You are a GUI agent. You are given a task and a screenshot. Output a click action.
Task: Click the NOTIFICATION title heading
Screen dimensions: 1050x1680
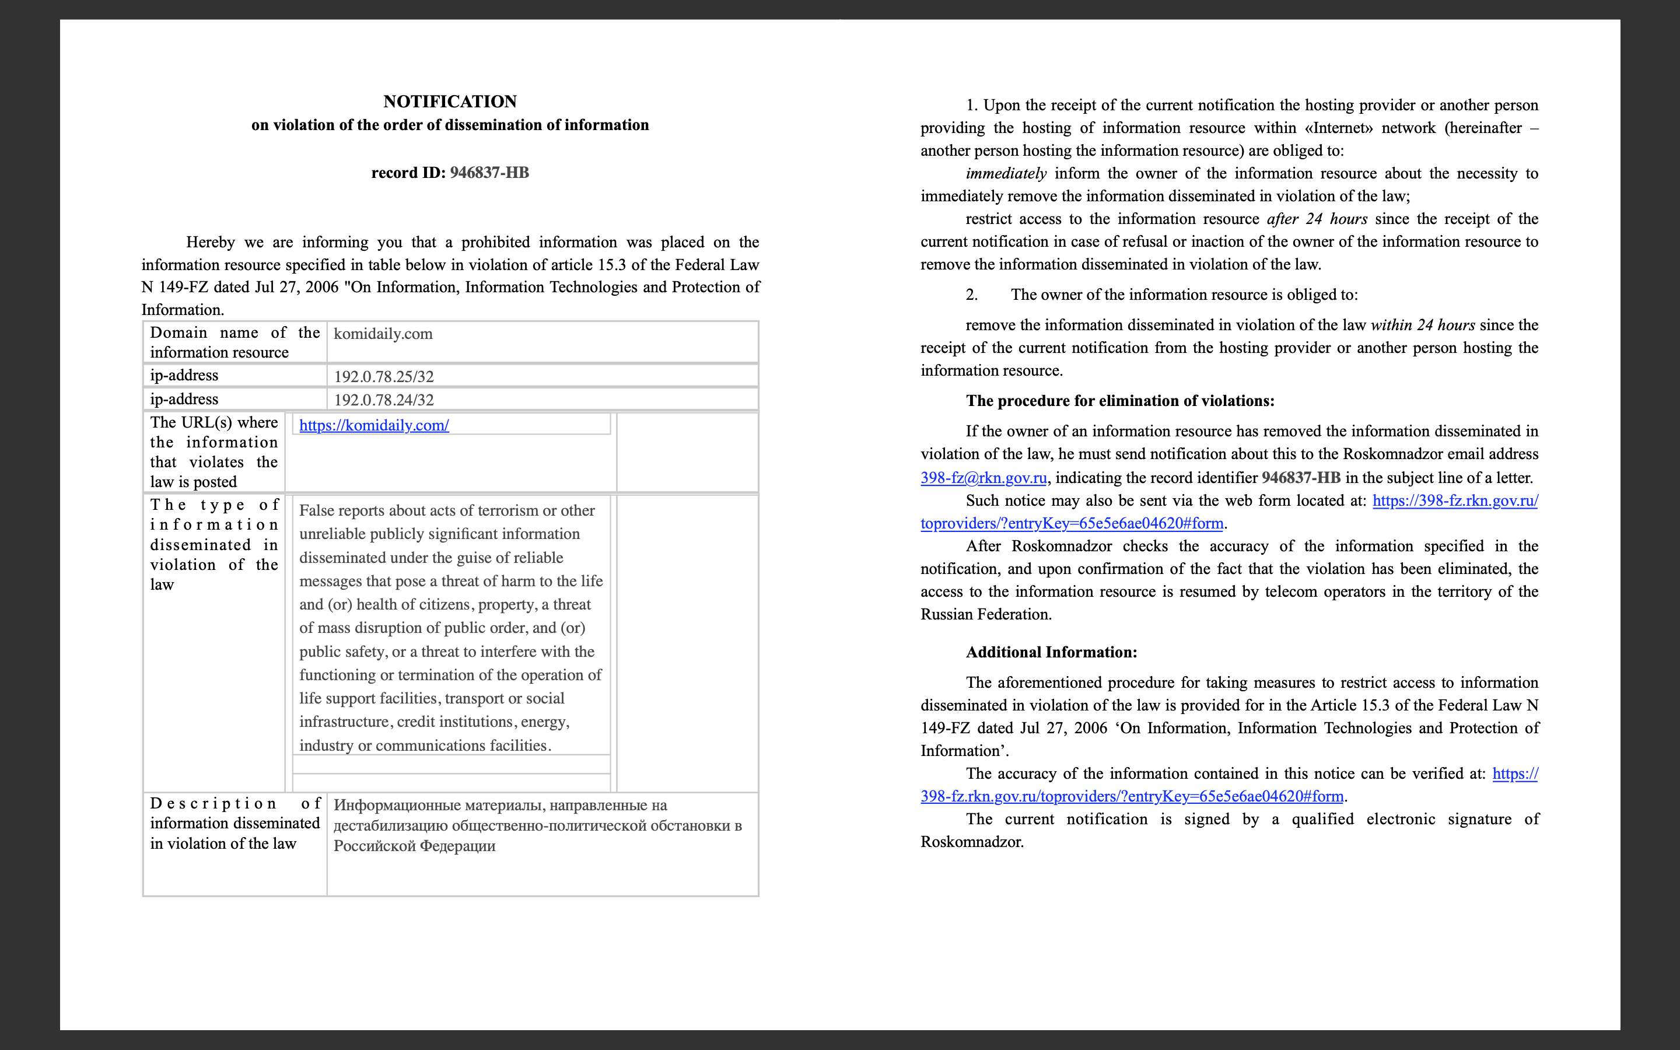point(450,101)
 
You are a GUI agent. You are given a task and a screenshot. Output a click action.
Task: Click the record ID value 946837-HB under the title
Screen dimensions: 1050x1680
point(489,173)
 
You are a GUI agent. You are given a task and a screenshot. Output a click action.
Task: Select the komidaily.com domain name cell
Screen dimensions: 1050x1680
point(383,334)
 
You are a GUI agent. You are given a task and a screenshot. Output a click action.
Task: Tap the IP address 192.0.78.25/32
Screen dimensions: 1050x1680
point(384,376)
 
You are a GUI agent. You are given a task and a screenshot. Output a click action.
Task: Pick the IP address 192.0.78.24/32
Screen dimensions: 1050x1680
point(384,400)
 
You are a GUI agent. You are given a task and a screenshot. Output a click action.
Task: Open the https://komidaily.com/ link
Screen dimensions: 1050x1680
point(374,426)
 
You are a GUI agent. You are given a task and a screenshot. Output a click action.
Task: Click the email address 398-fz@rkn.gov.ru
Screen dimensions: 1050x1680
point(983,478)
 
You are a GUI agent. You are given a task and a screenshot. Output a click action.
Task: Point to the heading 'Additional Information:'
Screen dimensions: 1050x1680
point(1051,652)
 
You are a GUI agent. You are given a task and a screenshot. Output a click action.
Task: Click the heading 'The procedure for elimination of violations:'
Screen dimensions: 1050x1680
point(1120,401)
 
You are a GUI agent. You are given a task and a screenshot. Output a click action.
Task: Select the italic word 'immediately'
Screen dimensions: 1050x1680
point(1005,174)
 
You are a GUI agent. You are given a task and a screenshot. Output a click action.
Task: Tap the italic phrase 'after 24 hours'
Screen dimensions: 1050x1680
point(1317,219)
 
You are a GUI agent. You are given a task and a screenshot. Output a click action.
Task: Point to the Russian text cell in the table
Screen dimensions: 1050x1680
point(537,825)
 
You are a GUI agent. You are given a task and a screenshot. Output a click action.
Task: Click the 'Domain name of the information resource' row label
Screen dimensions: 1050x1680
point(235,342)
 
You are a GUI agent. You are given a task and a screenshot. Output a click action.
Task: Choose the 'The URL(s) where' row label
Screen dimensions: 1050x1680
point(214,423)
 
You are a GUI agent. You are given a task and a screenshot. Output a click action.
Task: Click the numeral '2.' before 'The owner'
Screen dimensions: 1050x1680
point(971,295)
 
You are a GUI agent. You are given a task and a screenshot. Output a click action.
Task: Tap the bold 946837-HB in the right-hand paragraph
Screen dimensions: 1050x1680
point(1300,478)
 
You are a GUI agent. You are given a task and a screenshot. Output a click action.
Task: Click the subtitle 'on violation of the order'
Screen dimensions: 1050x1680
point(450,125)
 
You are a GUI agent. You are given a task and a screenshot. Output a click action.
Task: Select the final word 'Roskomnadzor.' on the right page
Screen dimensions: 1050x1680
point(972,842)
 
